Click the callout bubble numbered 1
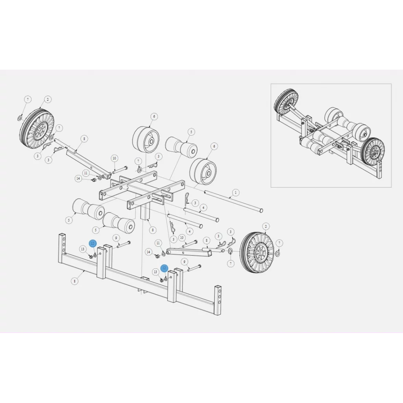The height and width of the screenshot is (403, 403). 235,192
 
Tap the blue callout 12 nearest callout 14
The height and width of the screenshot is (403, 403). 164,268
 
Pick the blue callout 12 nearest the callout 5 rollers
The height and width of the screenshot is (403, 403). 92,244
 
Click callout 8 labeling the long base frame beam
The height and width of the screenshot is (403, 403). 75,281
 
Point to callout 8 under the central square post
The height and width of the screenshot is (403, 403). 152,230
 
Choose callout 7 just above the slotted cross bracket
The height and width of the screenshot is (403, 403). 138,161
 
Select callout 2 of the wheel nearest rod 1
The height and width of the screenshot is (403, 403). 266,226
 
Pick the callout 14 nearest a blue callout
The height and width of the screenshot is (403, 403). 148,252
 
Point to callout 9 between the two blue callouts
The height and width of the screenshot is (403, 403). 116,238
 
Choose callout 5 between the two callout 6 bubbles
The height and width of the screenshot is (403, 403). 191,132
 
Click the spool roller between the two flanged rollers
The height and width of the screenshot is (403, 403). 181,147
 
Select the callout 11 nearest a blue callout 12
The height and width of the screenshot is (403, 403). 158,243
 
